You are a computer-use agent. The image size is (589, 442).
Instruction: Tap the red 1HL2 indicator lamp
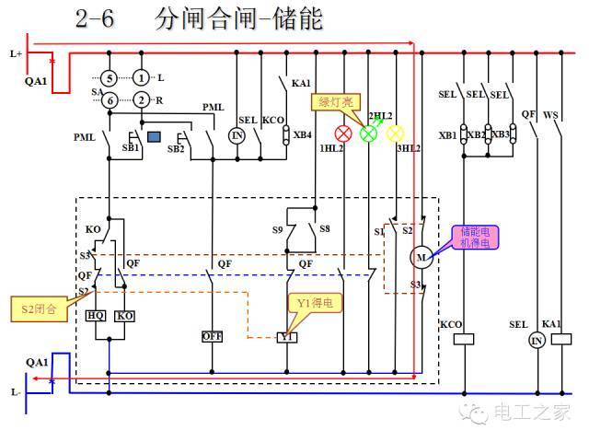pyautogui.click(x=344, y=133)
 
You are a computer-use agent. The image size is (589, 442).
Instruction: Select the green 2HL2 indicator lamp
pyautogui.click(x=369, y=133)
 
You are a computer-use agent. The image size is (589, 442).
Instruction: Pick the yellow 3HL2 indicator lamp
pyautogui.click(x=396, y=133)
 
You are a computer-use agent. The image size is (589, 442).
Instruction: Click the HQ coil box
pyautogui.click(x=96, y=315)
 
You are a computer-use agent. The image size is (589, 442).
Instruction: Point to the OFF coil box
pyautogui.click(x=213, y=336)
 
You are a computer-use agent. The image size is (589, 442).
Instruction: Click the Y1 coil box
pyautogui.click(x=287, y=337)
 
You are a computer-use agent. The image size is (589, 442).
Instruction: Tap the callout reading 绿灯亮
pyautogui.click(x=336, y=102)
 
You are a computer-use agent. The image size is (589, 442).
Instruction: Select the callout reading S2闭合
pyautogui.click(x=39, y=308)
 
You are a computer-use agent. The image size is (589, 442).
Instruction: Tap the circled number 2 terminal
pyautogui.click(x=141, y=99)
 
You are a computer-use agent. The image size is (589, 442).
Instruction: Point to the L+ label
pyautogui.click(x=16, y=54)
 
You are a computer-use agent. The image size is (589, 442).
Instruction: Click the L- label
pyautogui.click(x=16, y=392)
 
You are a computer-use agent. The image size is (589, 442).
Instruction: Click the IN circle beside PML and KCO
pyautogui.click(x=237, y=136)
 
